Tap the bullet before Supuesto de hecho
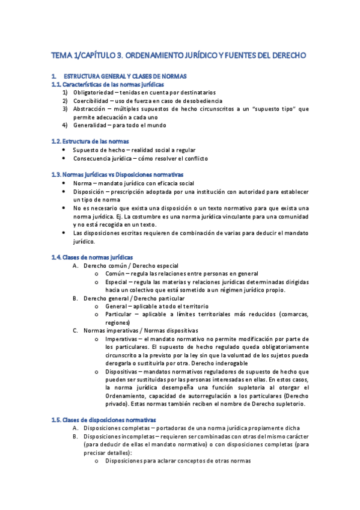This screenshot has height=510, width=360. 64,150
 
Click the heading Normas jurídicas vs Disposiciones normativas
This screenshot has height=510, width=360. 132,174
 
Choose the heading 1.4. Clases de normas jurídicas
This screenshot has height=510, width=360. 93,257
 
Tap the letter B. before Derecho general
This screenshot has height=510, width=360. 76,298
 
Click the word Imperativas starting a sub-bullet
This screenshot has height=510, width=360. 120,339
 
